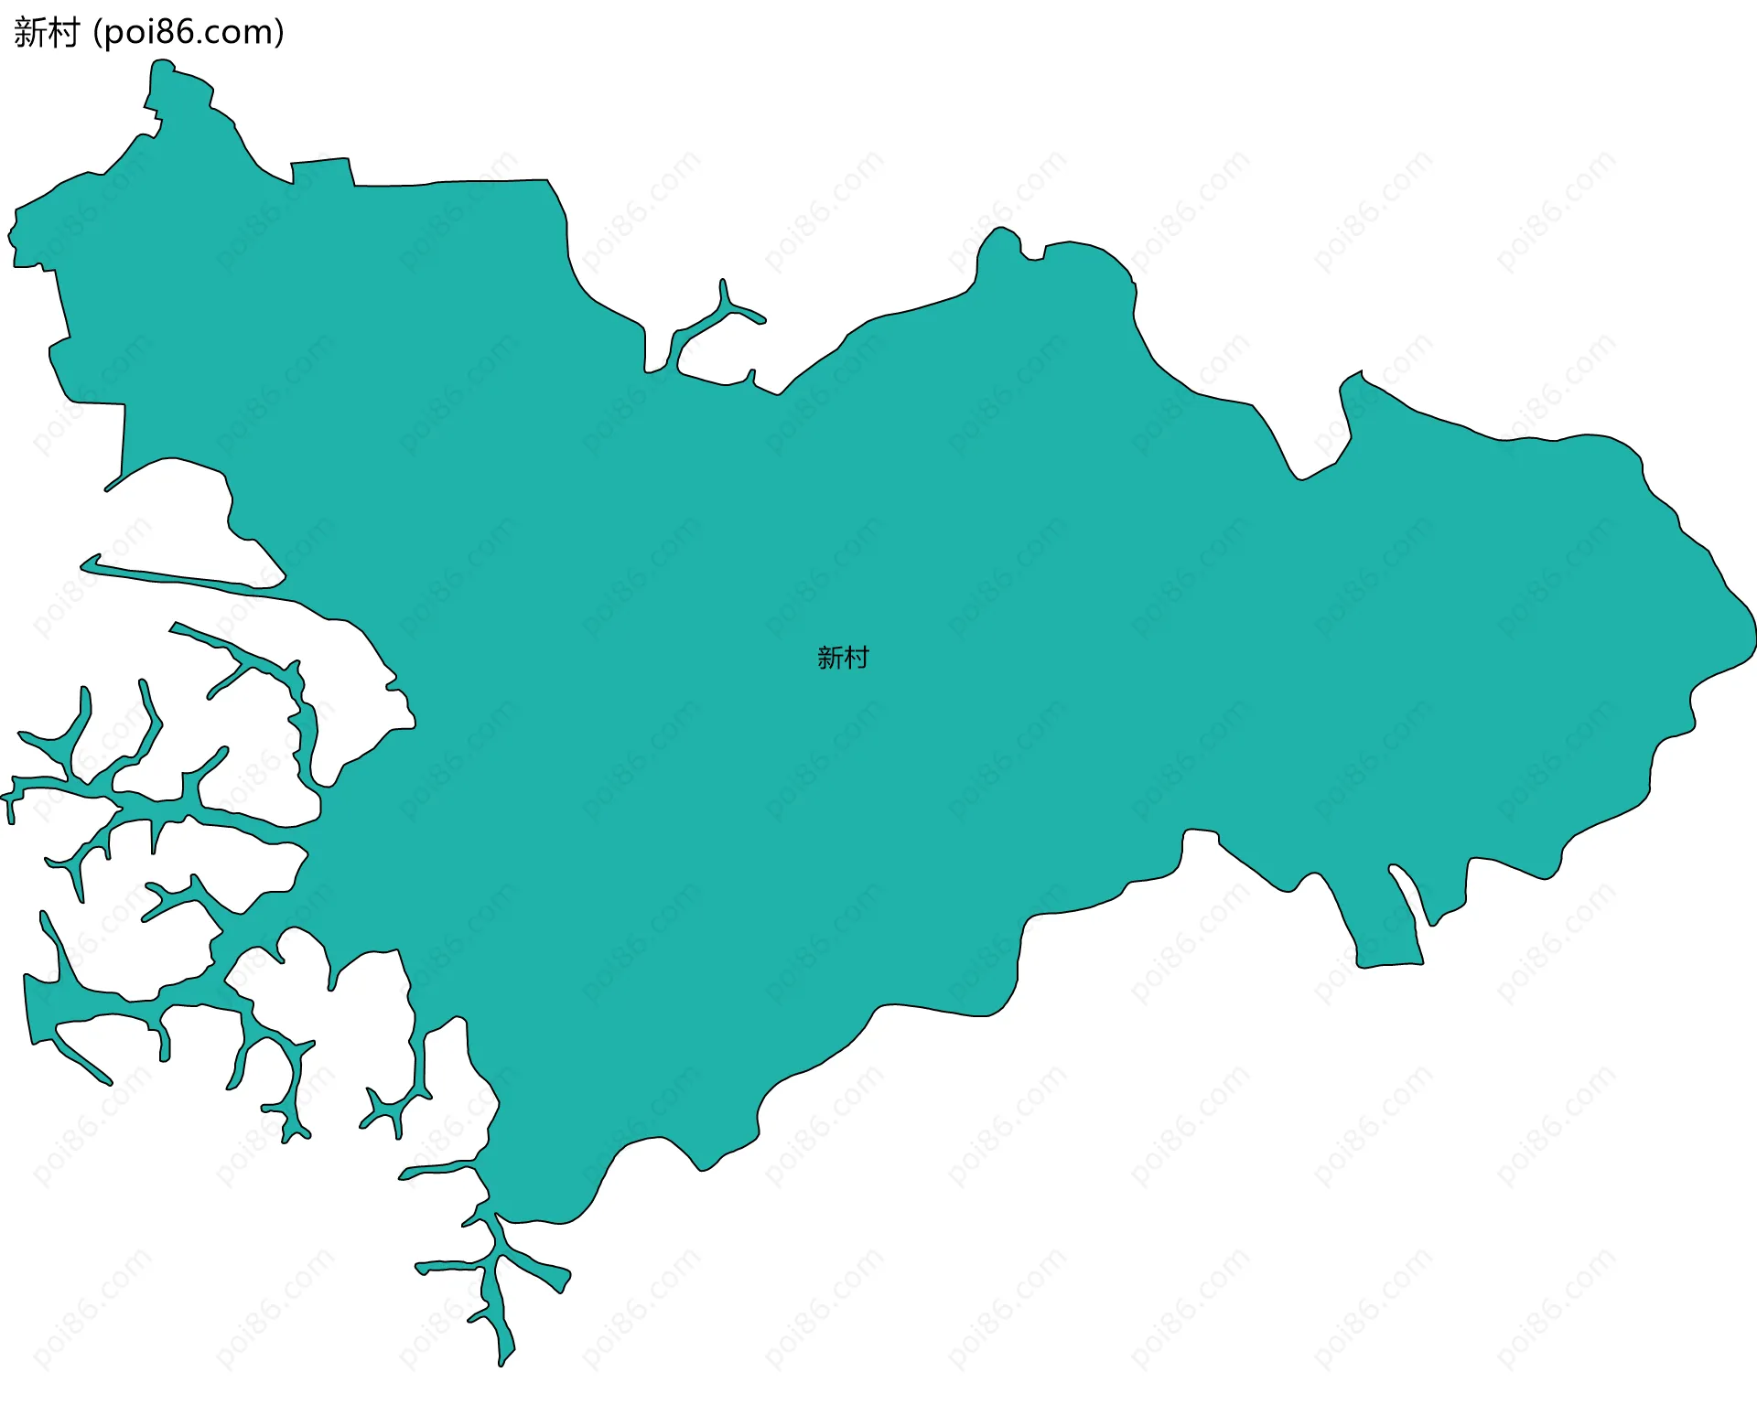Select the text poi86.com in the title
(x=189, y=33)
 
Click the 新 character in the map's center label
(x=829, y=658)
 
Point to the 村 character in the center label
(x=857, y=658)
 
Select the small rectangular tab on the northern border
(x=321, y=171)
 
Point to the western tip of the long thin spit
(x=83, y=566)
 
